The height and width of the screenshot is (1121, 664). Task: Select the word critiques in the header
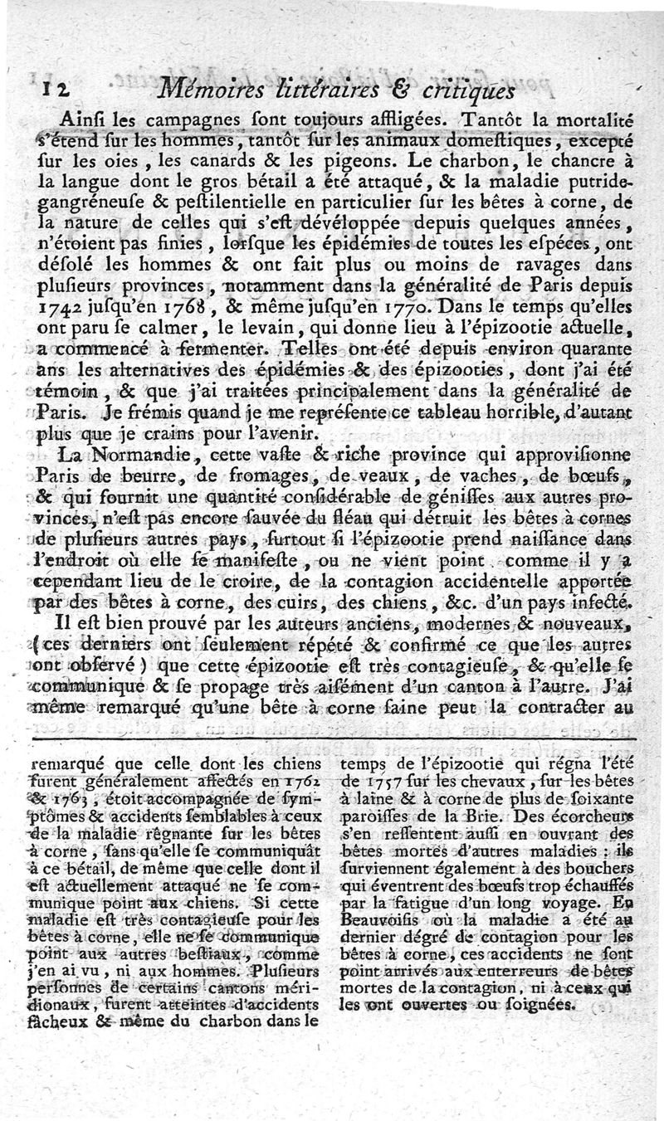[470, 85]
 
